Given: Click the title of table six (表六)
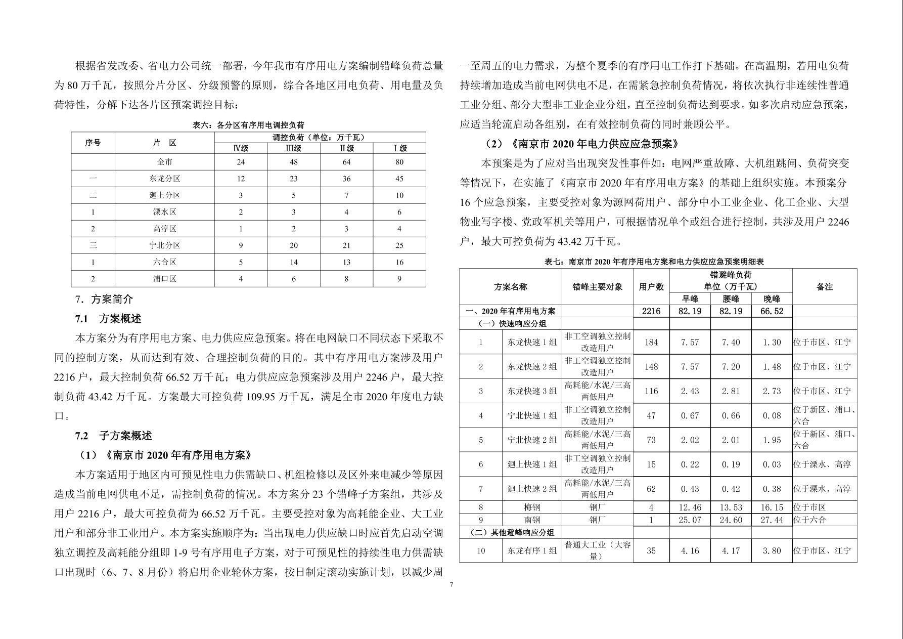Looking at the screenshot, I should pyautogui.click(x=248, y=125).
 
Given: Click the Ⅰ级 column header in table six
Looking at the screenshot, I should pyautogui.click(x=399, y=148).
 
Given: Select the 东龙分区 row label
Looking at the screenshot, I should pyautogui.click(x=165, y=179).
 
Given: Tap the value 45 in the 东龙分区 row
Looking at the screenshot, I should pyautogui.click(x=399, y=179).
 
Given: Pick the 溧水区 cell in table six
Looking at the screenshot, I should pyautogui.click(x=165, y=212).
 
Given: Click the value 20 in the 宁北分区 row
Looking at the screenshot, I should pyautogui.click(x=294, y=245).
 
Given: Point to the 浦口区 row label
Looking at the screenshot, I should pyautogui.click(x=165, y=279).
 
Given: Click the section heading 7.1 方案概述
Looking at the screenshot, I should pyautogui.click(x=108, y=319).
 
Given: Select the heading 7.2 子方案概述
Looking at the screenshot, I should pyautogui.click(x=113, y=436).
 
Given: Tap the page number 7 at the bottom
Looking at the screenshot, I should pyautogui.click(x=451, y=585).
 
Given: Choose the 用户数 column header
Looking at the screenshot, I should pyautogui.click(x=651, y=287).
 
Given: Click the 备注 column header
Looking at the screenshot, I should pyautogui.click(x=824, y=287).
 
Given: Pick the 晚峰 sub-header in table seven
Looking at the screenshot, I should pyautogui.click(x=772, y=299).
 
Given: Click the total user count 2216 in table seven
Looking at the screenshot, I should pyautogui.click(x=651, y=311).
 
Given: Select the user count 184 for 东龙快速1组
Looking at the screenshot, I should pyautogui.click(x=651, y=343).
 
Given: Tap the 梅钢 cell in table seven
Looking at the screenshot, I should pyautogui.click(x=532, y=507).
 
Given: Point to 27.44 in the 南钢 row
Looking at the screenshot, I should pyautogui.click(x=772, y=520).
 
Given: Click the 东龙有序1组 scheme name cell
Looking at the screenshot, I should pyautogui.click(x=532, y=550).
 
